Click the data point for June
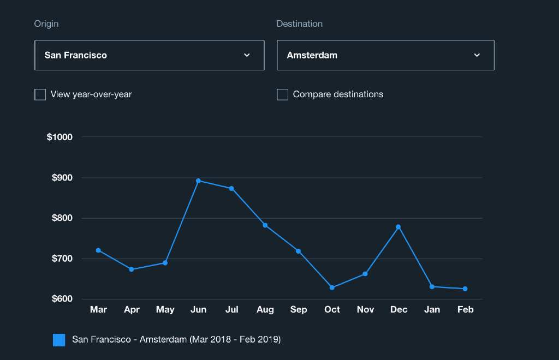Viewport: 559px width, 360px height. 198,181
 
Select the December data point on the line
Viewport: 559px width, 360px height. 399,227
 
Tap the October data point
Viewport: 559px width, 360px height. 332,287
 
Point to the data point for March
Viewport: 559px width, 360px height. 98,250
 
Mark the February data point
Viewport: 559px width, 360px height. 465,289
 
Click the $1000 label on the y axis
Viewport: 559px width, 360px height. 60,137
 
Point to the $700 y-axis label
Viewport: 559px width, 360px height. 62,259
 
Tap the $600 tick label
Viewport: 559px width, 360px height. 62,299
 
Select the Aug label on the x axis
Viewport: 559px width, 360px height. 265,310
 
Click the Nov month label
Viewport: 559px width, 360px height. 365,310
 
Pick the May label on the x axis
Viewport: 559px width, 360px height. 165,310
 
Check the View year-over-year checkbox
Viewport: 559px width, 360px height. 40,95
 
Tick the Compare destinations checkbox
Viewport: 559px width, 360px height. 282,95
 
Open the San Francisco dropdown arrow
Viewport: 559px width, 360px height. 247,55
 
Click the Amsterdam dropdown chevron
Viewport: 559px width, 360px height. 477,55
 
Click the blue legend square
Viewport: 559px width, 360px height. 59,340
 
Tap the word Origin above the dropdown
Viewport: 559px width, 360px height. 46,24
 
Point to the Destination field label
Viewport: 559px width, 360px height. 299,24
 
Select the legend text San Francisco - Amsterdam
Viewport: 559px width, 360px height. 176,340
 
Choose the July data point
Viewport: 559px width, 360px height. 231,189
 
